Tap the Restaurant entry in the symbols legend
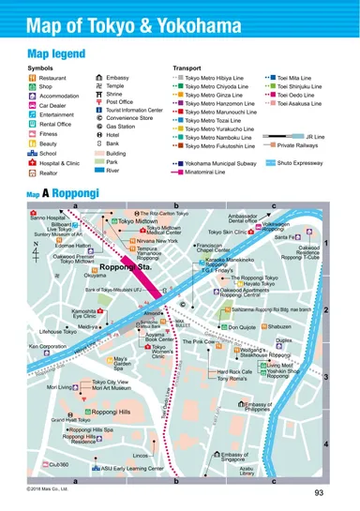pos(52,78)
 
